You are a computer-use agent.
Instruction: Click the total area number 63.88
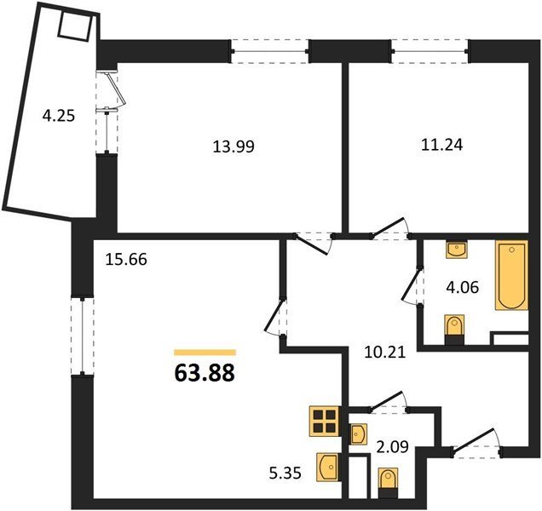[205, 373]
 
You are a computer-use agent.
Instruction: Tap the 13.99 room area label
[234, 146]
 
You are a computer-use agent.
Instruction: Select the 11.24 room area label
[441, 145]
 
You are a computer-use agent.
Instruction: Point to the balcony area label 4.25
[59, 116]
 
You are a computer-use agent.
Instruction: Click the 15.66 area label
[126, 260]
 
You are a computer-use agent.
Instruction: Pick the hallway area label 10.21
[384, 353]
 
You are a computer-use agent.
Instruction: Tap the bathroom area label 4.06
[463, 287]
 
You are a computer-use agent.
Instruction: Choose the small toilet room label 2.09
[393, 446]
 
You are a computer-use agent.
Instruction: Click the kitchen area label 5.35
[285, 474]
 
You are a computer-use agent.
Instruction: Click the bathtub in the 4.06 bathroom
[512, 275]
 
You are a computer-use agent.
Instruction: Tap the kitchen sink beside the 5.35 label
[328, 467]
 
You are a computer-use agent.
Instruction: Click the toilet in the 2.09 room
[389, 483]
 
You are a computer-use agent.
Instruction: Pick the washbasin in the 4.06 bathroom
[457, 250]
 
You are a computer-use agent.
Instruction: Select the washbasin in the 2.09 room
[358, 434]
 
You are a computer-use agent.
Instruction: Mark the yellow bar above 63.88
[205, 353]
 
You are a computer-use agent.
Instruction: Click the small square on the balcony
[76, 26]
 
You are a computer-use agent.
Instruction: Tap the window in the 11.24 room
[430, 51]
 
